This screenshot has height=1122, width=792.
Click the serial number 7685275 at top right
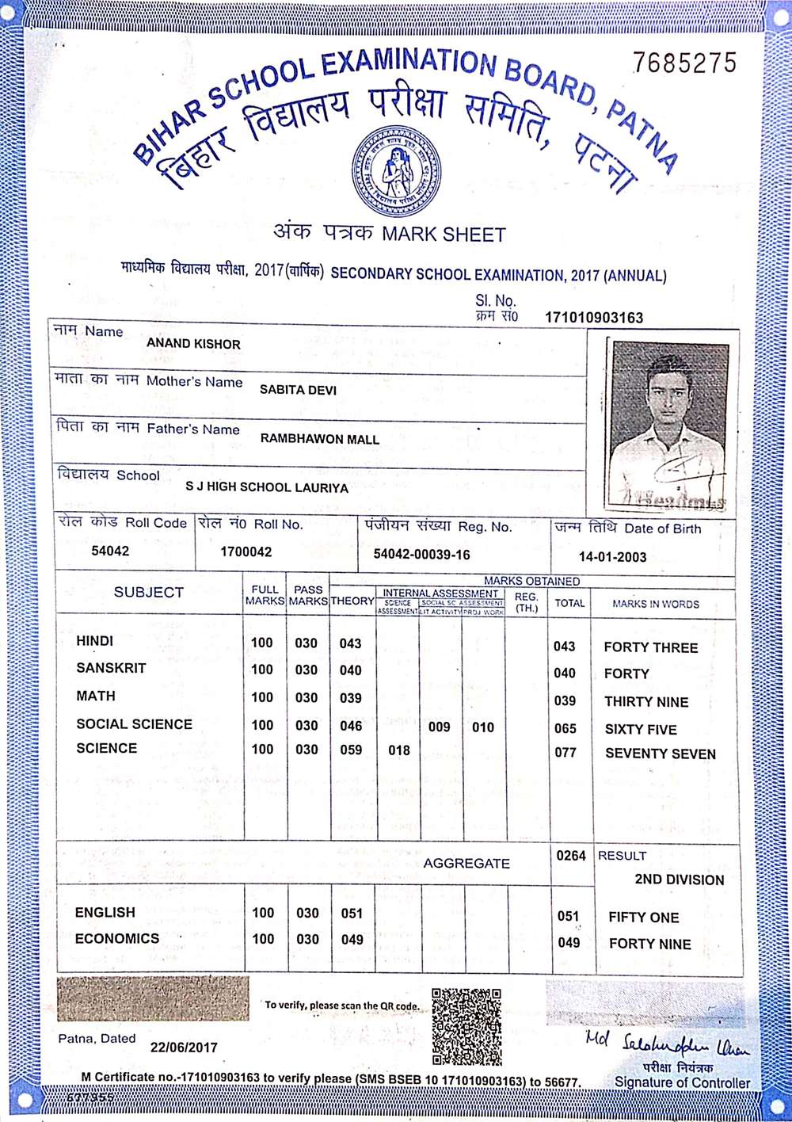(x=685, y=63)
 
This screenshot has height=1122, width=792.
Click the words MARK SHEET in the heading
(x=444, y=235)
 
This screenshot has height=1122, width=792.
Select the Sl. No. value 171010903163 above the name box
(x=594, y=318)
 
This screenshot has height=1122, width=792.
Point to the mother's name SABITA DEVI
(x=298, y=390)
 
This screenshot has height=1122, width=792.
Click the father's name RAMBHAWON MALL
(x=320, y=439)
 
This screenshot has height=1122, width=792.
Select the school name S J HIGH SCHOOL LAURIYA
(x=267, y=487)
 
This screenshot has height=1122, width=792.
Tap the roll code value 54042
(x=110, y=551)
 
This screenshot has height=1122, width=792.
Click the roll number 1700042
(x=246, y=551)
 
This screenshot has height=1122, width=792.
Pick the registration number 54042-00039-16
(x=421, y=555)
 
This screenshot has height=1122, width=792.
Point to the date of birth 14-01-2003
(x=612, y=556)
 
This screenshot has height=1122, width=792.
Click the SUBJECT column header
(x=148, y=592)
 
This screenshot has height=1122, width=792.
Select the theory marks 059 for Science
(x=351, y=750)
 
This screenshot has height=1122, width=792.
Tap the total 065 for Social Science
(x=565, y=728)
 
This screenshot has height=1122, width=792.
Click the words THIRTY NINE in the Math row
(x=646, y=701)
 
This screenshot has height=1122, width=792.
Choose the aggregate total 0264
(x=571, y=856)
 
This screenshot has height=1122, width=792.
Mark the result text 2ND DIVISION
(x=679, y=880)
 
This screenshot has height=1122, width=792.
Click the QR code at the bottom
(x=467, y=1025)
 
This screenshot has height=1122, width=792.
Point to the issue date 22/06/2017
(x=184, y=1047)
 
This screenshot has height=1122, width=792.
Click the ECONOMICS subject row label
(x=117, y=939)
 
